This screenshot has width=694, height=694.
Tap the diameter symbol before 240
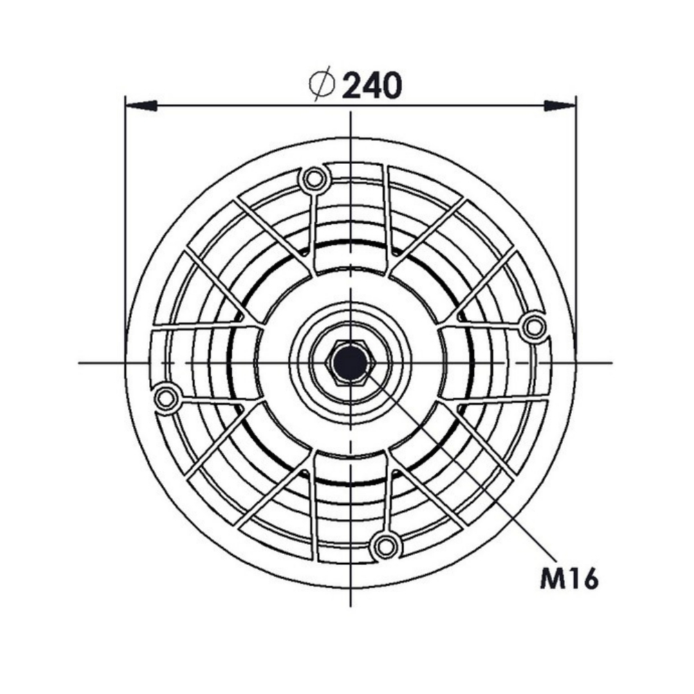(322, 84)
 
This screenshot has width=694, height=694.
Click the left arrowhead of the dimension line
(141, 105)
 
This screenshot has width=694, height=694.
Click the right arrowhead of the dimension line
(560, 105)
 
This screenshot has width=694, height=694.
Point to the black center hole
(350, 363)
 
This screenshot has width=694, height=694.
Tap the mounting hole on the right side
(534, 327)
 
